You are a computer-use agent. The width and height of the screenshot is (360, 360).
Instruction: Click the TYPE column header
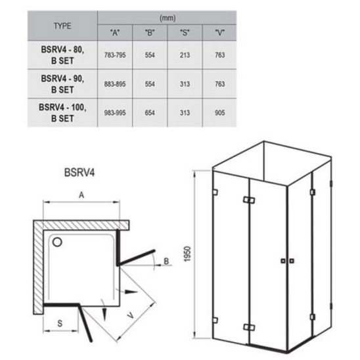(x=62, y=26)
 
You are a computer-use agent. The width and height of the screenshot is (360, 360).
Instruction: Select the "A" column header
(x=115, y=33)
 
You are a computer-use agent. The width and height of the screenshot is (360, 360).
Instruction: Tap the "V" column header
(x=219, y=33)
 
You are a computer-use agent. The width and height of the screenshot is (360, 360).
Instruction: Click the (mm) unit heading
(x=168, y=18)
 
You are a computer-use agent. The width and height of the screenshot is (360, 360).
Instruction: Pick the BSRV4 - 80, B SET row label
(x=62, y=55)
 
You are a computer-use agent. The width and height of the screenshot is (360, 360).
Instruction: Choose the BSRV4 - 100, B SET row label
(x=62, y=113)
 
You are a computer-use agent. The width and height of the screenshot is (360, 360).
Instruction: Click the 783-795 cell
(x=115, y=55)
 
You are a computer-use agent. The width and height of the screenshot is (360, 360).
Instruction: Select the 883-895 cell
(x=115, y=84)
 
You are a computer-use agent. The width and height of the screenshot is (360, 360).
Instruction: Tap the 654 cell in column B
(x=150, y=113)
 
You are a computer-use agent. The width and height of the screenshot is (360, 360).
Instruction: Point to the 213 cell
(x=185, y=55)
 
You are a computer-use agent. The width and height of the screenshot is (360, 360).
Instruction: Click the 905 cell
(x=219, y=113)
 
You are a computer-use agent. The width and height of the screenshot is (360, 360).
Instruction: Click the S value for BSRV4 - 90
(x=185, y=84)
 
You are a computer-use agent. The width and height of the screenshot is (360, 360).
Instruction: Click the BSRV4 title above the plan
(x=79, y=172)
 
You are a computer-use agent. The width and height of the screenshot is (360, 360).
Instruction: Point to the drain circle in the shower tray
(x=57, y=242)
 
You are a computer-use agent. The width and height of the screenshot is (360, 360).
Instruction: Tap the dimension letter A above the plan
(x=81, y=195)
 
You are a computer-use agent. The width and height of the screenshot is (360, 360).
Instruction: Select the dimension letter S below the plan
(x=60, y=323)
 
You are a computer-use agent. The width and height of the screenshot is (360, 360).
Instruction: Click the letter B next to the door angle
(x=166, y=261)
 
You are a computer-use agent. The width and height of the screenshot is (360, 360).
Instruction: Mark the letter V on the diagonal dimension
(x=131, y=316)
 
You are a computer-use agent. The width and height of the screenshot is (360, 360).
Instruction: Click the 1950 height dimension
(x=187, y=254)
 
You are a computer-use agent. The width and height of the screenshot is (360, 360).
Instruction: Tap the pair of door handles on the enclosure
(x=287, y=261)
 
